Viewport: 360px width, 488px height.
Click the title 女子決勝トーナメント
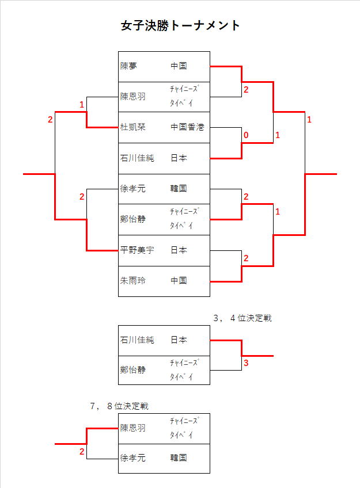coord(180,26)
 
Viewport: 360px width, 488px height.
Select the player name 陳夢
coord(128,66)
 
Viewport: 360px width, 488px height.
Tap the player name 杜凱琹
coord(133,127)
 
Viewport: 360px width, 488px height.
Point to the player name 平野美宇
coord(137,250)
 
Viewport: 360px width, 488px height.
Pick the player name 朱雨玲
coord(133,281)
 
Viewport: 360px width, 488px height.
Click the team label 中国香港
coord(187,127)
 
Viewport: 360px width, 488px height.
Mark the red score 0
coord(246,135)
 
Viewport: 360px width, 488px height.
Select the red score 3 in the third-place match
coord(246,363)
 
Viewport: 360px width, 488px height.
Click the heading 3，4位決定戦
coord(242,318)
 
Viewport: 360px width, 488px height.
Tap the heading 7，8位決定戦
coord(119,406)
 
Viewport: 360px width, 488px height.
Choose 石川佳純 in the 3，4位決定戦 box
coord(137,340)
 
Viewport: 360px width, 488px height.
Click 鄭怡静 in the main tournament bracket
coord(133,220)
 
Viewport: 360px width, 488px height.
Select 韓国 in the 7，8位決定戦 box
coord(179,458)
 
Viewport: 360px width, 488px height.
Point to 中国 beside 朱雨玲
coord(179,281)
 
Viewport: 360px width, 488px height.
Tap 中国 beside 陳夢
coord(179,66)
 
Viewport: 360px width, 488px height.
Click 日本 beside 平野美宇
coord(179,250)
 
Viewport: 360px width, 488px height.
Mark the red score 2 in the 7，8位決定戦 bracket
coord(82,452)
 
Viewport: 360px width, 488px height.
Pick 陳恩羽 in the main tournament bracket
coord(133,97)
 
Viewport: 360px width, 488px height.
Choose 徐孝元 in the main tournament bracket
coord(133,189)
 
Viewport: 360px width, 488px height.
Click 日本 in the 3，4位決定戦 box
coord(179,340)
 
